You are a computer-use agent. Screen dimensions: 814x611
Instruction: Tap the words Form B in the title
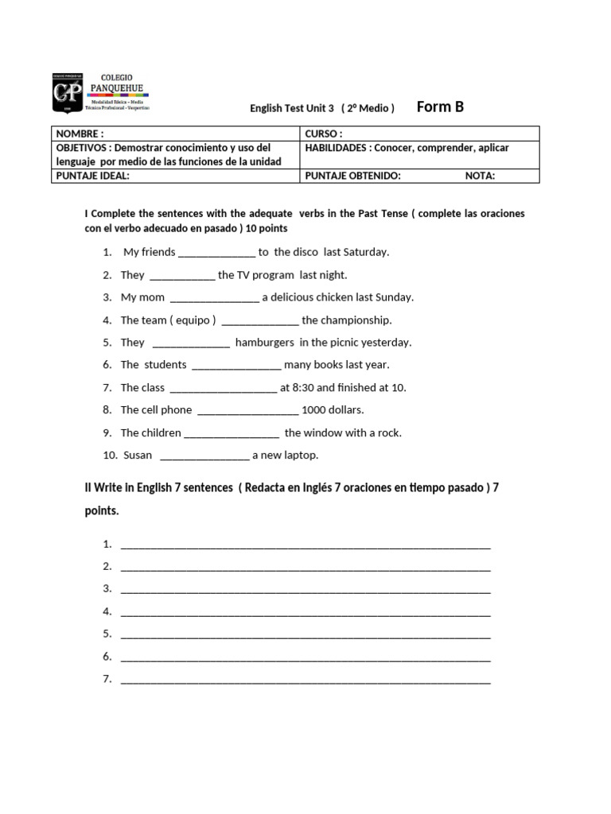(440, 107)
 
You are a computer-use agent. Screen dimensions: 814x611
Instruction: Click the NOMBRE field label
(80, 134)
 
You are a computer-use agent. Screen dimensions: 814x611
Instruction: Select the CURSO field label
(323, 134)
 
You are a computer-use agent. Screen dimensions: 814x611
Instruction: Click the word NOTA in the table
(480, 176)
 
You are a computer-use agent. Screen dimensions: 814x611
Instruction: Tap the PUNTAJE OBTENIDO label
(353, 176)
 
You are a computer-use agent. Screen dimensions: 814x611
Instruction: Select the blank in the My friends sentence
(216, 253)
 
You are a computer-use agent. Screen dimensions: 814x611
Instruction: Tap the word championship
(355, 320)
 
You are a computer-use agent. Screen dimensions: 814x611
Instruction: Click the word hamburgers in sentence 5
(265, 343)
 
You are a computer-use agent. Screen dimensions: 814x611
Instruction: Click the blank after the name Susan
(204, 456)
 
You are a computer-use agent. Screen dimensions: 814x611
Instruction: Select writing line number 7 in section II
(305, 680)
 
